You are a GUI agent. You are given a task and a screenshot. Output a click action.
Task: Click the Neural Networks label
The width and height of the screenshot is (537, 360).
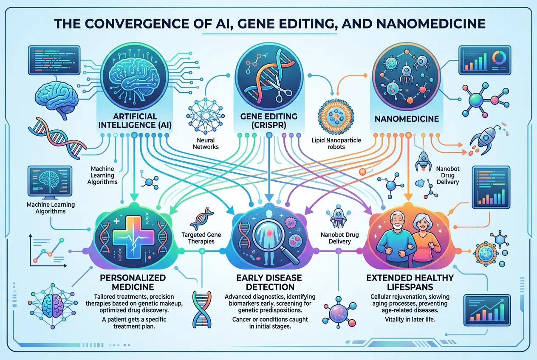pos(205,143)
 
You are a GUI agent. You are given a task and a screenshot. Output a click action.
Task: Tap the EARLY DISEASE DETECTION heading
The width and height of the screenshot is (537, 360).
pos(269,283)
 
